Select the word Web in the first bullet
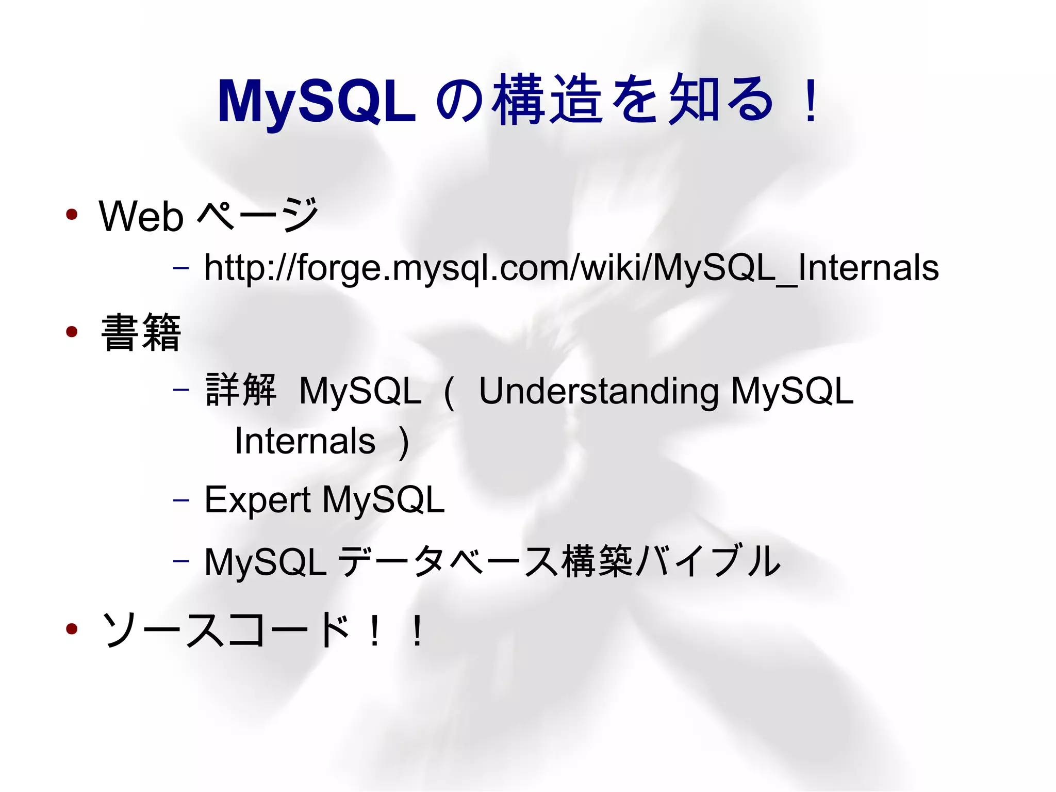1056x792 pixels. tap(141, 217)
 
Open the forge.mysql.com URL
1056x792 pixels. tap(571, 268)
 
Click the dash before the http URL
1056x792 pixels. tap(181, 268)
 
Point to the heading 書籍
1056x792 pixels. tap(141, 333)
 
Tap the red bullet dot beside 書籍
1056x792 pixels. tap(72, 332)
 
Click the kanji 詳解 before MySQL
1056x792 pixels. tap(241, 390)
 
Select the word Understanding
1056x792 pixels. tap(598, 392)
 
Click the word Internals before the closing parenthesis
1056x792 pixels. tap(305, 442)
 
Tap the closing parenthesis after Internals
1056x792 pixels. tap(404, 443)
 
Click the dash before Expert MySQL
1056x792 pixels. tap(181, 500)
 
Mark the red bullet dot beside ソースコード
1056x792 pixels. tap(72, 628)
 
